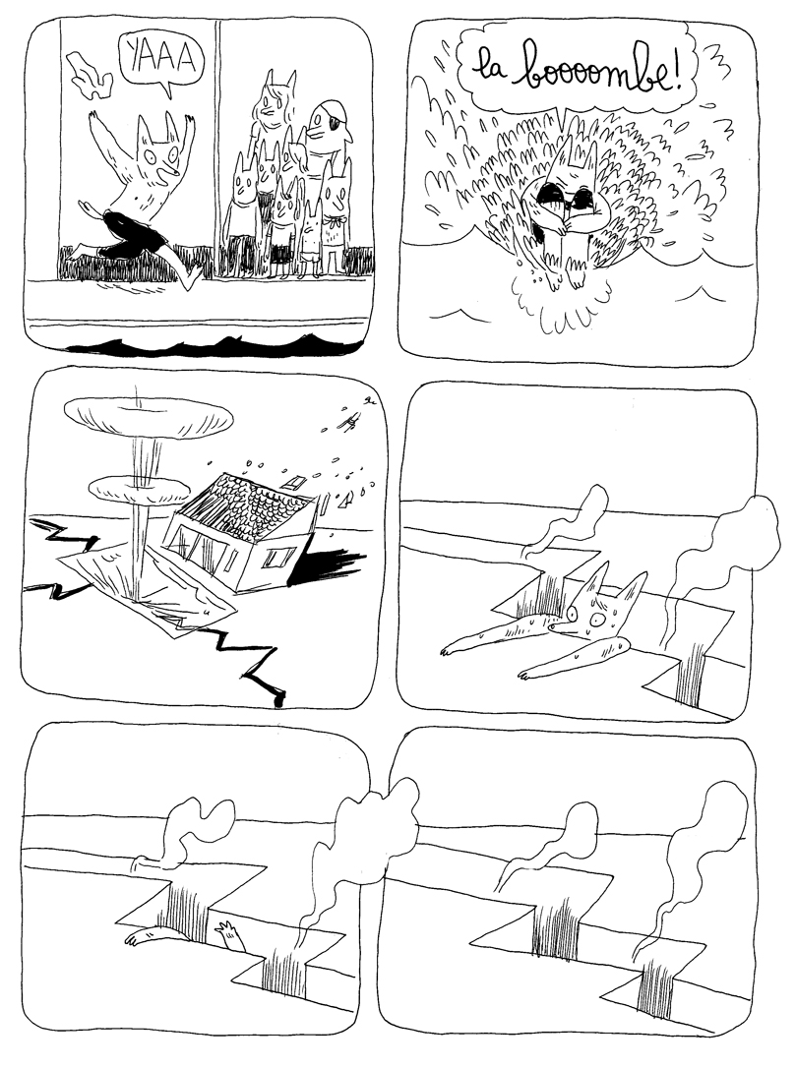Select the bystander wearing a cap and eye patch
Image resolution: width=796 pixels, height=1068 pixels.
tap(327, 129)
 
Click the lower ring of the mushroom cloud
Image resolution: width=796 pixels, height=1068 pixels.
tap(138, 487)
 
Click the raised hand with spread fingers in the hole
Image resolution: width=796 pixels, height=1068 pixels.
tap(232, 929)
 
